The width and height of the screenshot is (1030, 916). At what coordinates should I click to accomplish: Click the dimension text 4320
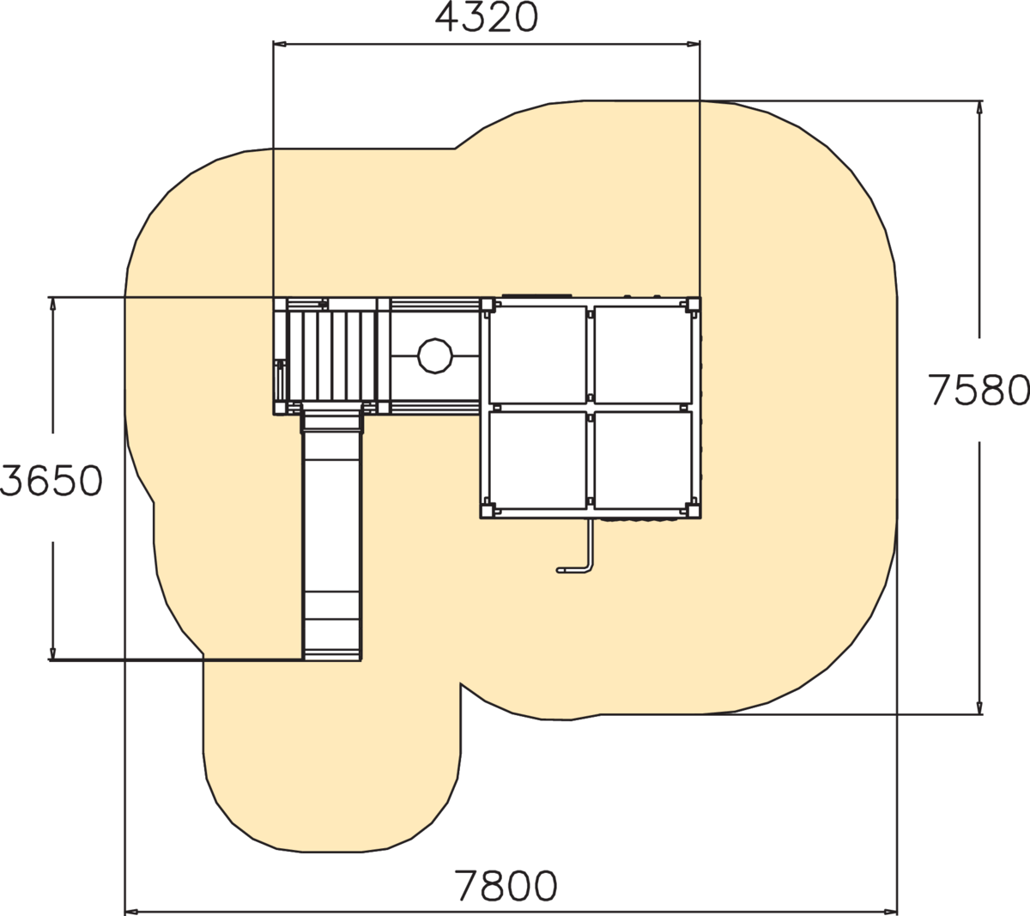click(x=486, y=18)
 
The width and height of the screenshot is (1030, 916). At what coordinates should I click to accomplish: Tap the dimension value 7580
click(x=979, y=390)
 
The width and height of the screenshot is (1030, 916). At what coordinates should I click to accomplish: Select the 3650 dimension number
click(x=51, y=481)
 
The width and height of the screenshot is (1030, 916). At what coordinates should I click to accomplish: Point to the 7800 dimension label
click(x=506, y=885)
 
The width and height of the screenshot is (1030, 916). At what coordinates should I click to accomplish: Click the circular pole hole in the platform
click(x=434, y=356)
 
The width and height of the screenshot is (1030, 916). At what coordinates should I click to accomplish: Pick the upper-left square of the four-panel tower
click(x=537, y=355)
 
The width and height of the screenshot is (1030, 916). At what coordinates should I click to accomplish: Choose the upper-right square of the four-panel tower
click(x=643, y=355)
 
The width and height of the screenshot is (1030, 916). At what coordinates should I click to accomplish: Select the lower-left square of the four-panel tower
click(x=537, y=460)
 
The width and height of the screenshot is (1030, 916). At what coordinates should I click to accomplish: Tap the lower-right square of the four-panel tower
click(x=643, y=460)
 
